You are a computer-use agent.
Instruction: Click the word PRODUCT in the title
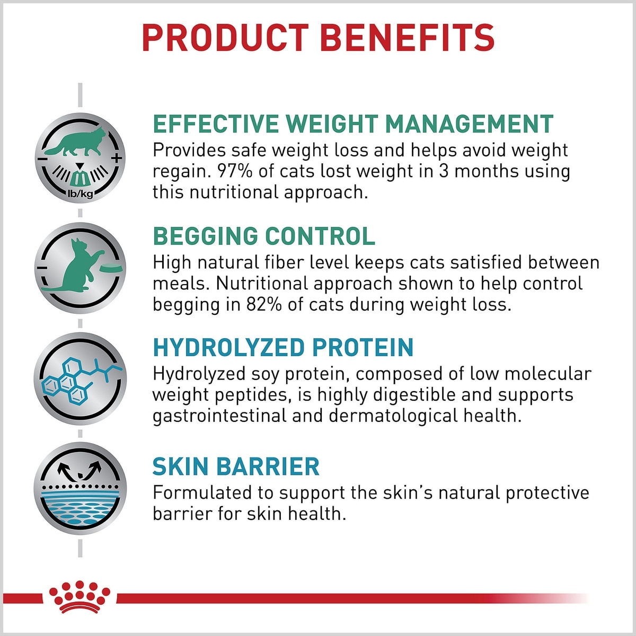[225, 38]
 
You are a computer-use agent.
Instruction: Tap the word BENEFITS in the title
[407, 38]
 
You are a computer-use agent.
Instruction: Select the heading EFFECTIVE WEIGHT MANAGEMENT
[353, 124]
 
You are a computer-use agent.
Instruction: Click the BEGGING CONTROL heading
[264, 236]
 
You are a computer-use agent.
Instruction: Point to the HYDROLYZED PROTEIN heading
[283, 347]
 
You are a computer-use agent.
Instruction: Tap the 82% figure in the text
[264, 304]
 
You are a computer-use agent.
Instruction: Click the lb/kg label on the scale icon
[80, 194]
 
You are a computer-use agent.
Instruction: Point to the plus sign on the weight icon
[117, 158]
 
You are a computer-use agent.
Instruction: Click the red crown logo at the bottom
[79, 598]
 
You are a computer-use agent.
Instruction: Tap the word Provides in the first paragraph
[189, 150]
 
